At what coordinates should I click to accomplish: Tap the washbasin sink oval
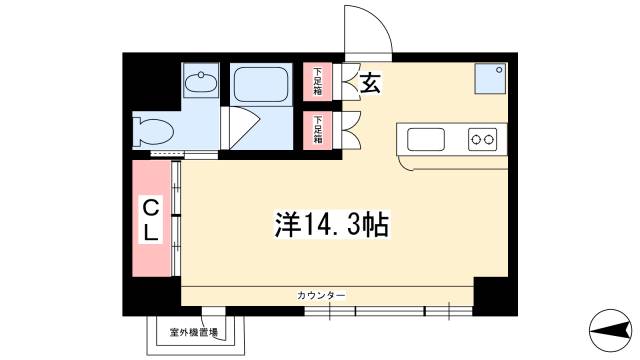pos(200,82)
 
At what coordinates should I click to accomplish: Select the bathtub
pos(261,84)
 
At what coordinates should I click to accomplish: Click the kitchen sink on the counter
pos(426,139)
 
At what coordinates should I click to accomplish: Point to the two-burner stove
pos(482,139)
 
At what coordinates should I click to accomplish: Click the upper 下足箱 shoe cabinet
pos(318,81)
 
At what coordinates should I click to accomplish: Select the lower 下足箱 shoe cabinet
pos(318,130)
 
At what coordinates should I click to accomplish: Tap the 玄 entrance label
pos(370,83)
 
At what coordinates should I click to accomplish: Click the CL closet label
pos(151,220)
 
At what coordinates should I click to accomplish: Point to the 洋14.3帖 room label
pos(331,224)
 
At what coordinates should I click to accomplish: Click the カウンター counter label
pos(321,296)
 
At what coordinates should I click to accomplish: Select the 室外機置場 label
pos(194,332)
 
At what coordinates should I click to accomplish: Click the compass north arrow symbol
pos(611,330)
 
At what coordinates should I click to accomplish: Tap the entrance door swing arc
pos(378,18)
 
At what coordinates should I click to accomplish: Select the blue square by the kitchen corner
pos(491,78)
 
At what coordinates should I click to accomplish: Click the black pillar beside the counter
pos(496,296)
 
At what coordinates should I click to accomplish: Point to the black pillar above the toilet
pos(152,82)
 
